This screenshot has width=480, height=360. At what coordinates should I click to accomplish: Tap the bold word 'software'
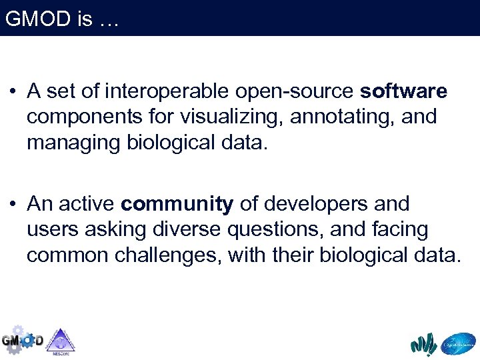coord(403,91)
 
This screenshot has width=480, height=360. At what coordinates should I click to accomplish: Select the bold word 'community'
coord(177,204)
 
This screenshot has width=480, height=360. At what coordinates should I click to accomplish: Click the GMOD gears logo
coord(21,340)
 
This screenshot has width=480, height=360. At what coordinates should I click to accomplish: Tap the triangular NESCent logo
coord(61,341)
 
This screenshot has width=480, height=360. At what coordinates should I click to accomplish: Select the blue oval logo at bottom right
coord(459,343)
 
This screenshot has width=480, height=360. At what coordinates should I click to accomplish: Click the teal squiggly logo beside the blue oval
coord(423,344)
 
